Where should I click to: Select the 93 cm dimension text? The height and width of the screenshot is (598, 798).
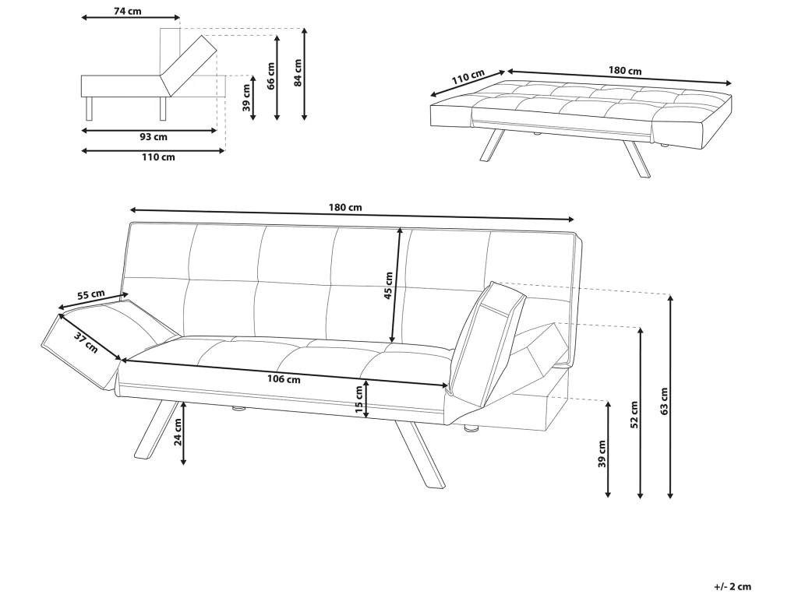pyautogui.click(x=152, y=138)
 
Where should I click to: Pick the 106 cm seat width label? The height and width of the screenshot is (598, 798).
pyautogui.click(x=283, y=379)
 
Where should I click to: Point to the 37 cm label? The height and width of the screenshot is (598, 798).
pyautogui.click(x=86, y=341)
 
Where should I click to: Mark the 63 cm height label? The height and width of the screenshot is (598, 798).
pyautogui.click(x=663, y=399)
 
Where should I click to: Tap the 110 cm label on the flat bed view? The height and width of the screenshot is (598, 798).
pyautogui.click(x=467, y=79)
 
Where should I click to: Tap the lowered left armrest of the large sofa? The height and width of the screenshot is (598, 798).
pyautogui.click(x=101, y=343)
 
